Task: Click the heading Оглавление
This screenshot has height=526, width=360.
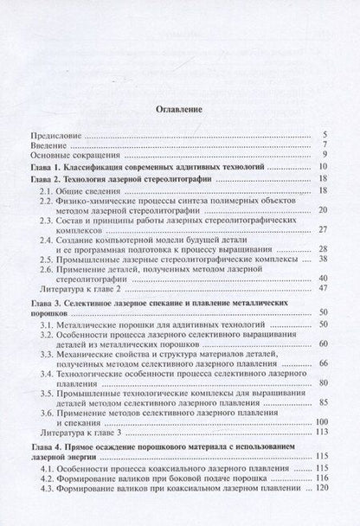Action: click(179, 111)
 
